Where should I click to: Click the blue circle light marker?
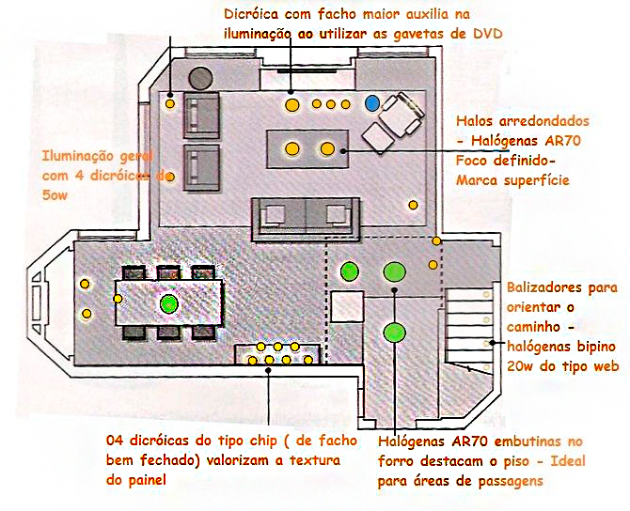[x=372, y=103]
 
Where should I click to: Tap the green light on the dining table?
[x=168, y=303]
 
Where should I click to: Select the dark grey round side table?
[x=200, y=78]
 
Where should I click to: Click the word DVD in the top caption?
[x=488, y=34]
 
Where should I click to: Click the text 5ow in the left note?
[x=55, y=195]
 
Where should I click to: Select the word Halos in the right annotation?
[x=474, y=121]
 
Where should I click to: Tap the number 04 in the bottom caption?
[x=115, y=441]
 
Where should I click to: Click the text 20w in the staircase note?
[x=520, y=366]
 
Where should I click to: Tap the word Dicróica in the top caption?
[x=251, y=14]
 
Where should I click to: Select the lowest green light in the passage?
[x=394, y=332]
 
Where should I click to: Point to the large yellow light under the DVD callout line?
[x=292, y=105]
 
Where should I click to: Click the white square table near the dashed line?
[x=347, y=306]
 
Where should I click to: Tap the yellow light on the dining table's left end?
[x=118, y=299]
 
